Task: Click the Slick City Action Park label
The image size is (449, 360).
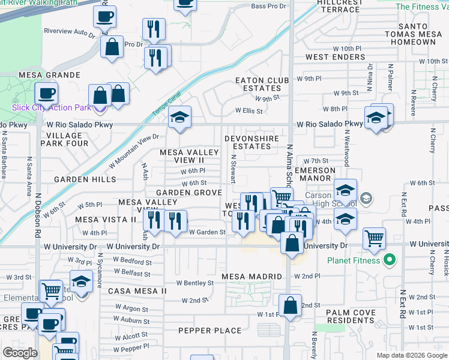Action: click(x=51, y=107)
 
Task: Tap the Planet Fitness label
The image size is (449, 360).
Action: click(x=354, y=260)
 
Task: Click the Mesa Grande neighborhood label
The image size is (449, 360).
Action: click(x=50, y=75)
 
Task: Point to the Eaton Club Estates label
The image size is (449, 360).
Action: click(x=258, y=83)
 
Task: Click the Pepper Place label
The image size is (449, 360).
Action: click(x=210, y=331)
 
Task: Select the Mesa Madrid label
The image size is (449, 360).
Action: click(x=252, y=277)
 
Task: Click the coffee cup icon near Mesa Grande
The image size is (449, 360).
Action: click(x=46, y=93)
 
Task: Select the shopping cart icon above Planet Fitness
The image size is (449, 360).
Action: click(x=374, y=238)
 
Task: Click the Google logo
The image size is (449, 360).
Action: click(x=20, y=353)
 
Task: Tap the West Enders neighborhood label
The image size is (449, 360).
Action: click(x=335, y=57)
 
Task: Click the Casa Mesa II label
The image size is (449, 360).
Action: click(x=137, y=291)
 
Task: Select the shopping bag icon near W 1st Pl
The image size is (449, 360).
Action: click(x=290, y=305)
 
